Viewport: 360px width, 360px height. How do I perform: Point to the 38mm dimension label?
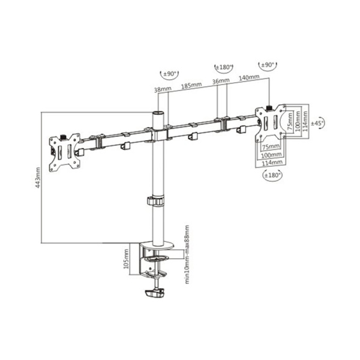pyautogui.click(x=163, y=90)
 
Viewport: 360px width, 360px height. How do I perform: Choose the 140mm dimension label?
pyautogui.click(x=248, y=77)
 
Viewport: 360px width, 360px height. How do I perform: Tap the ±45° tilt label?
pyautogui.click(x=317, y=122)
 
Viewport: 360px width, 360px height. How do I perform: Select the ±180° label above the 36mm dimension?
pyautogui.click(x=224, y=67)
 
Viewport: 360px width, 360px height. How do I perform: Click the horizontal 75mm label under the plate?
pyautogui.click(x=271, y=146)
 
